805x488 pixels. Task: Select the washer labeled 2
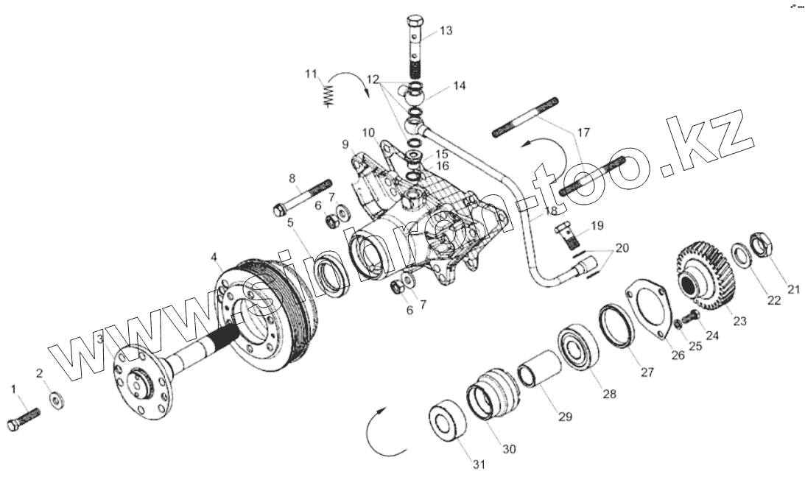(x=55, y=401)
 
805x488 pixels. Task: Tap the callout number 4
(x=214, y=258)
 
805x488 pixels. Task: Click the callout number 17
(x=583, y=133)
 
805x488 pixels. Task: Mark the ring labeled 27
(x=617, y=324)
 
